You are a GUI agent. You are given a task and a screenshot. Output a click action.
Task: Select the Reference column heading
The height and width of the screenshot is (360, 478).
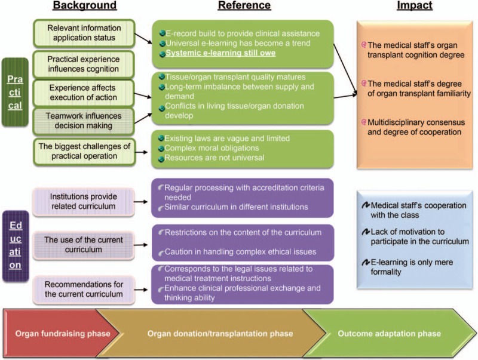(244, 7)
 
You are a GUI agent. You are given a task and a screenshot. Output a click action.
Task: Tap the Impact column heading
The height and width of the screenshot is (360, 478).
(414, 7)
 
